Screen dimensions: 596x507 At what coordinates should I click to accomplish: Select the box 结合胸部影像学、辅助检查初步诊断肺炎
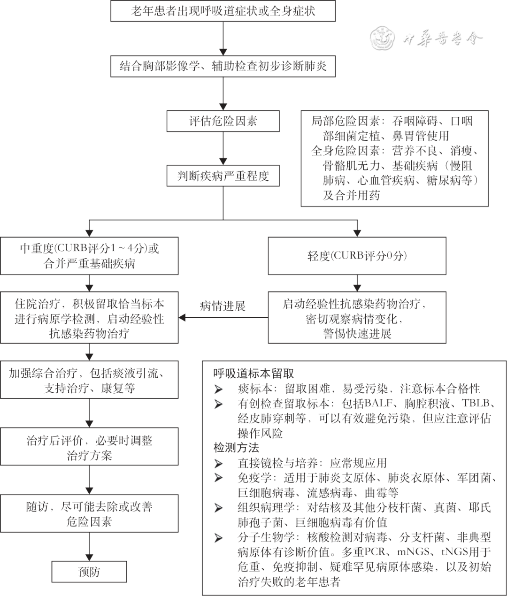click(x=223, y=66)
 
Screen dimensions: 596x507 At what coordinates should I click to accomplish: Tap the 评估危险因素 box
click(x=223, y=122)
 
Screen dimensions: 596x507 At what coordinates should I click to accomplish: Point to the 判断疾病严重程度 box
click(x=223, y=176)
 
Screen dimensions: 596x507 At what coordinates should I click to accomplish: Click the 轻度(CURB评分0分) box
click(x=357, y=256)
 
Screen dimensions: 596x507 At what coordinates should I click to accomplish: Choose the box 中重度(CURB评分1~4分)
click(x=89, y=256)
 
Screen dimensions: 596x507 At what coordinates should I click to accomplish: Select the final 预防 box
click(x=89, y=572)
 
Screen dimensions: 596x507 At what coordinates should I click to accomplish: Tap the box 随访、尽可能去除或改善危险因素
click(x=89, y=513)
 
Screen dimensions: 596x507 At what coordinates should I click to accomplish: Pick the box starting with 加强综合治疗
click(x=89, y=381)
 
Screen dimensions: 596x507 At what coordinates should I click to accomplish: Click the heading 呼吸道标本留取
click(x=254, y=374)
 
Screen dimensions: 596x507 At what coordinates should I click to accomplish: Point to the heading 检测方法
click(x=236, y=447)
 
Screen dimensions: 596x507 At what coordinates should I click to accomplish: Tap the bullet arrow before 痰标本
click(x=218, y=389)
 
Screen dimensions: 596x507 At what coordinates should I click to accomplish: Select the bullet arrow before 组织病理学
click(x=218, y=508)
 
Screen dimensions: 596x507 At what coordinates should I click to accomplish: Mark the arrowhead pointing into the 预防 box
click(x=89, y=557)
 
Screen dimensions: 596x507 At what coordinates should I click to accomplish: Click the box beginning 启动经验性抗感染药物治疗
click(x=357, y=318)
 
